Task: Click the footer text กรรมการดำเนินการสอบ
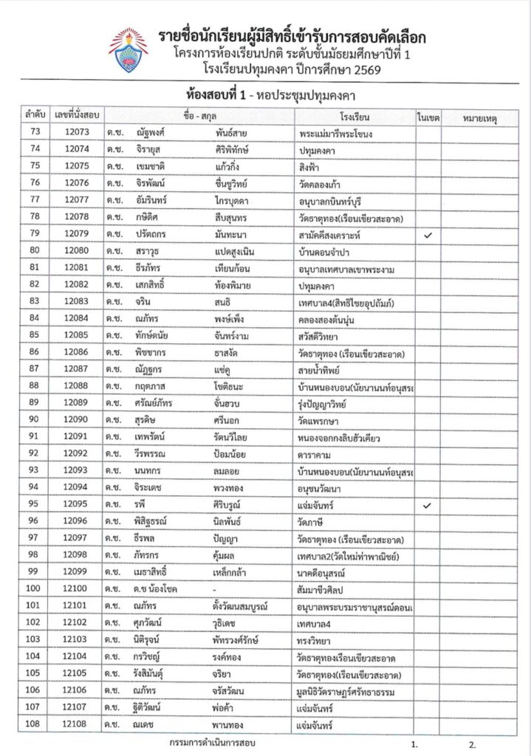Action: [212, 743]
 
